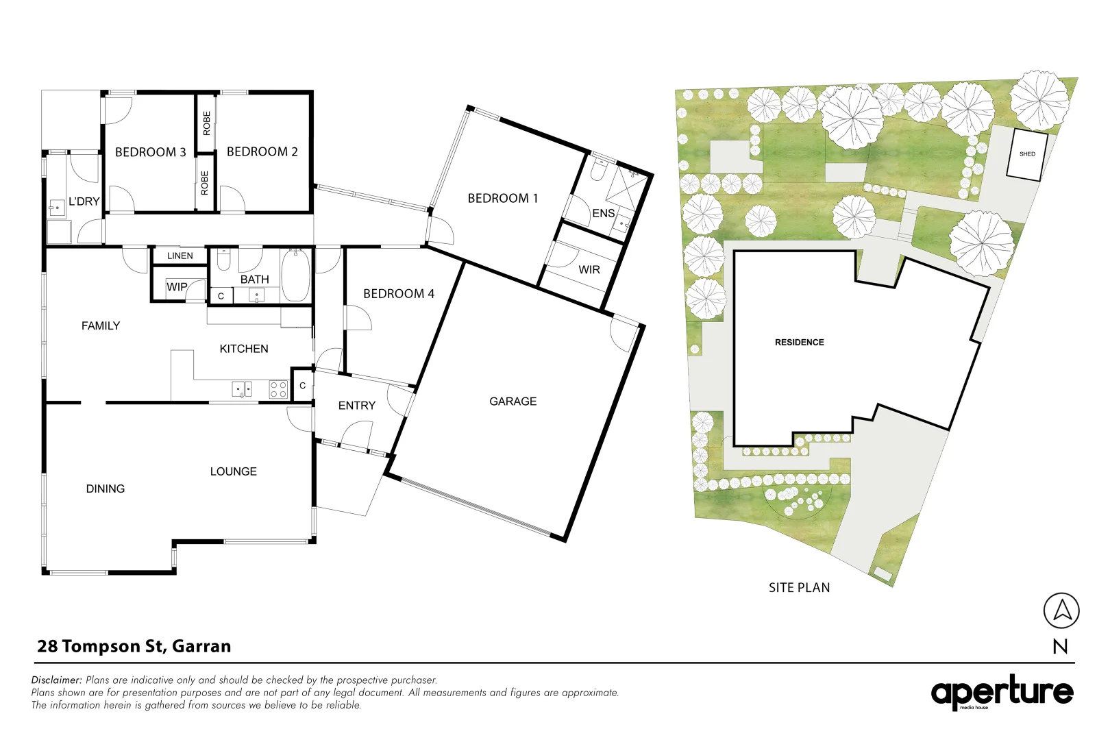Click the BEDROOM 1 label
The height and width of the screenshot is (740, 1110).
(x=502, y=199)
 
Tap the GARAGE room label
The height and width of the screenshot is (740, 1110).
(x=513, y=402)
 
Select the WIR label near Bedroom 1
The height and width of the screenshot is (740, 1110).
(x=589, y=270)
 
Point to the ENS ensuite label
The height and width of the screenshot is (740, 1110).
(x=603, y=214)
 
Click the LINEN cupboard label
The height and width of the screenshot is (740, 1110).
(x=180, y=256)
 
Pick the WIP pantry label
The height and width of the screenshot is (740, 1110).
(x=177, y=287)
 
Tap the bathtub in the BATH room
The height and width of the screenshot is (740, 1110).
(x=296, y=276)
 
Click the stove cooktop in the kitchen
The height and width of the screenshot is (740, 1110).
(x=278, y=389)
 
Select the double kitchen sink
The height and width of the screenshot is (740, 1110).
(x=242, y=389)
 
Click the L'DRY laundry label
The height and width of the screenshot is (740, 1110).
(x=84, y=201)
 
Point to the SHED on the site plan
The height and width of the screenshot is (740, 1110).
(x=1026, y=154)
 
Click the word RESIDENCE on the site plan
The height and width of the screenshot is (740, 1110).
(x=799, y=343)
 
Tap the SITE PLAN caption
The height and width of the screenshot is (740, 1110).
(x=799, y=588)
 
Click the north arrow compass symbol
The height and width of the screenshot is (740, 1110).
(x=1061, y=610)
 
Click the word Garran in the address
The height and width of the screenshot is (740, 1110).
(x=201, y=646)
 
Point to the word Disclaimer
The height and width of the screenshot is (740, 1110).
(x=56, y=680)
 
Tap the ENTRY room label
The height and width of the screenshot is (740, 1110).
(x=356, y=406)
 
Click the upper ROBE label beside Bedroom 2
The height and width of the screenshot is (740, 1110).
(x=206, y=123)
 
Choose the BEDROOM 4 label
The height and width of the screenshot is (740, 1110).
(x=398, y=294)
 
